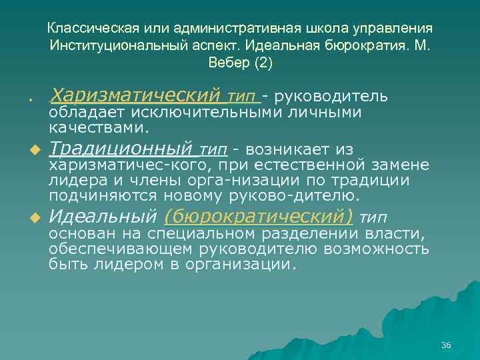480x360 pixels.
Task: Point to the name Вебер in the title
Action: click(x=227, y=63)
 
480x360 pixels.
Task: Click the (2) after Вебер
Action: click(x=263, y=63)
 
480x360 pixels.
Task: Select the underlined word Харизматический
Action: click(x=135, y=95)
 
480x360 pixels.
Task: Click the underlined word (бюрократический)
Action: click(x=258, y=217)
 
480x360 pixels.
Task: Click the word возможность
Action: click(x=379, y=249)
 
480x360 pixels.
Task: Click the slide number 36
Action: click(x=446, y=345)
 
